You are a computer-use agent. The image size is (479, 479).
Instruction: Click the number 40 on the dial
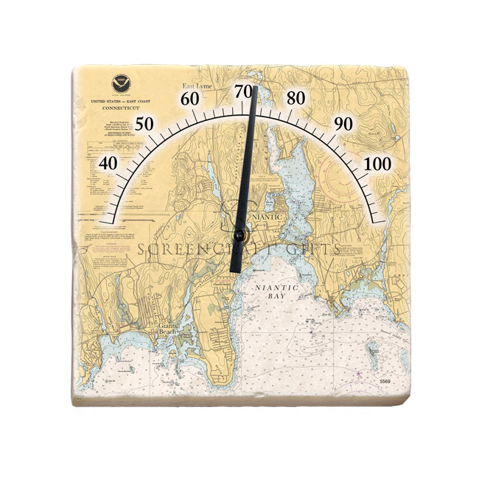pyautogui.click(x=108, y=163)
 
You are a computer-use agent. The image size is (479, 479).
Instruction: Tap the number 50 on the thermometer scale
pyautogui.click(x=144, y=124)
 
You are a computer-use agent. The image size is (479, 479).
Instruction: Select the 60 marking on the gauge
pyautogui.click(x=190, y=99)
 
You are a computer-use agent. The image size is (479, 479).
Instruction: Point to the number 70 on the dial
pyautogui.click(x=244, y=91)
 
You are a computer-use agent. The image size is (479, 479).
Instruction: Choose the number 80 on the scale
pyautogui.click(x=296, y=99)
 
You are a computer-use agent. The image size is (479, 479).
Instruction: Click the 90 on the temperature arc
pyautogui.click(x=343, y=124)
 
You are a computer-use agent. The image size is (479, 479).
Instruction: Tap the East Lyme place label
pyautogui.click(x=198, y=86)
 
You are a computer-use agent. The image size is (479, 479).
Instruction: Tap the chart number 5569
pyautogui.click(x=384, y=381)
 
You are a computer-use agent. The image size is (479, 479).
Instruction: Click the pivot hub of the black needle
pyautogui.click(x=239, y=235)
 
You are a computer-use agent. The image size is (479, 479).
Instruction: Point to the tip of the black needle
pyautogui.click(x=255, y=88)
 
